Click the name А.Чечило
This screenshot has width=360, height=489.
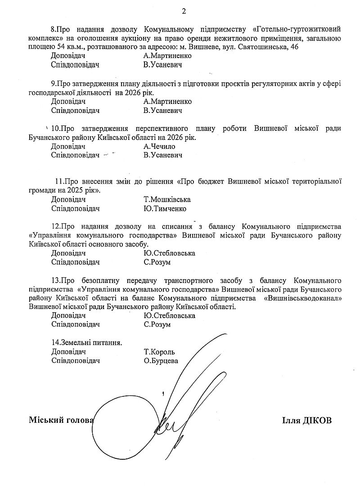coord(159,147)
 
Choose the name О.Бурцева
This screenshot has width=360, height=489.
coord(161,361)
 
